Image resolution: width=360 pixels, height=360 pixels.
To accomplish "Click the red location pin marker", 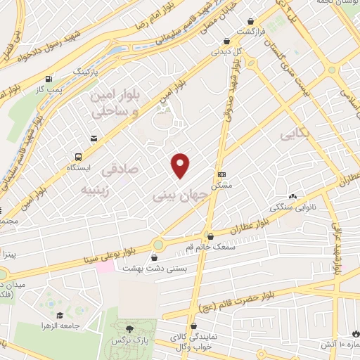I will (181, 165).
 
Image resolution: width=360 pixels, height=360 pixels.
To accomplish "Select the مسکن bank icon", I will (221, 174).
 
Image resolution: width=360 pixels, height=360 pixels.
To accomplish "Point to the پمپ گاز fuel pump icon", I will (48, 79).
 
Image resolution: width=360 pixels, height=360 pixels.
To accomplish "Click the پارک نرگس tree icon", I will (129, 329).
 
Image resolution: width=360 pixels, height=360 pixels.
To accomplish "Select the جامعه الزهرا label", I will (78, 326).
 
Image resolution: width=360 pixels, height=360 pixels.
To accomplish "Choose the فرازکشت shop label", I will (250, 32).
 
